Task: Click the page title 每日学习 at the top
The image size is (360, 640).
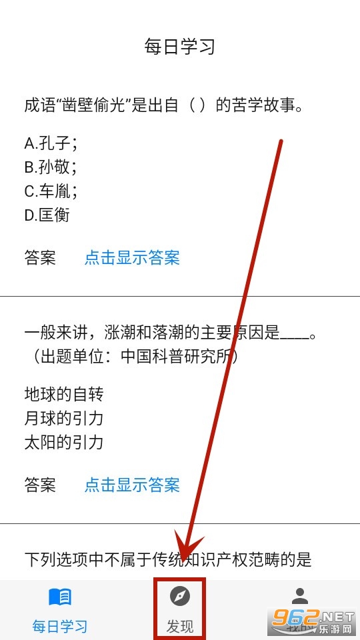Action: pyautogui.click(x=179, y=47)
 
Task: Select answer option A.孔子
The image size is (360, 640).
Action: pyautogui.click(x=51, y=144)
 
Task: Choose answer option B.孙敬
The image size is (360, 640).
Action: pyautogui.click(x=51, y=167)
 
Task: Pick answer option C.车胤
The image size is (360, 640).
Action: pyautogui.click(x=51, y=191)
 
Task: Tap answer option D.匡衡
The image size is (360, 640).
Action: pyautogui.click(x=47, y=215)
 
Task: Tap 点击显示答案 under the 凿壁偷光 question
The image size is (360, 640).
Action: pyautogui.click(x=132, y=258)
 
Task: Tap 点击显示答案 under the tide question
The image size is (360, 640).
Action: pyautogui.click(x=132, y=485)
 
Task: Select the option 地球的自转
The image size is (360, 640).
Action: pyautogui.click(x=64, y=394)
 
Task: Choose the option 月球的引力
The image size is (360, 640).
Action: pyautogui.click(x=64, y=419)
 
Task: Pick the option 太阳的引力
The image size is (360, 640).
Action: pyautogui.click(x=64, y=443)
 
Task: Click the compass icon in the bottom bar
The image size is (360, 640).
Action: pyautogui.click(x=179, y=597)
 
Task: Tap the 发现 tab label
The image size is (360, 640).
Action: pyautogui.click(x=179, y=626)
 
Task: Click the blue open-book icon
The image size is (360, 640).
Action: pyautogui.click(x=60, y=597)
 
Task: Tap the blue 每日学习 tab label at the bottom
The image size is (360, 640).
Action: pyautogui.click(x=60, y=626)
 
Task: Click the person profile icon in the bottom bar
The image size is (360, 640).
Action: pyautogui.click(x=300, y=596)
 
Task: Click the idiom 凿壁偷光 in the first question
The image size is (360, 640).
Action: pyautogui.click(x=95, y=106)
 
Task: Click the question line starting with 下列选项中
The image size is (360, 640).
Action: pyautogui.click(x=168, y=559)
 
